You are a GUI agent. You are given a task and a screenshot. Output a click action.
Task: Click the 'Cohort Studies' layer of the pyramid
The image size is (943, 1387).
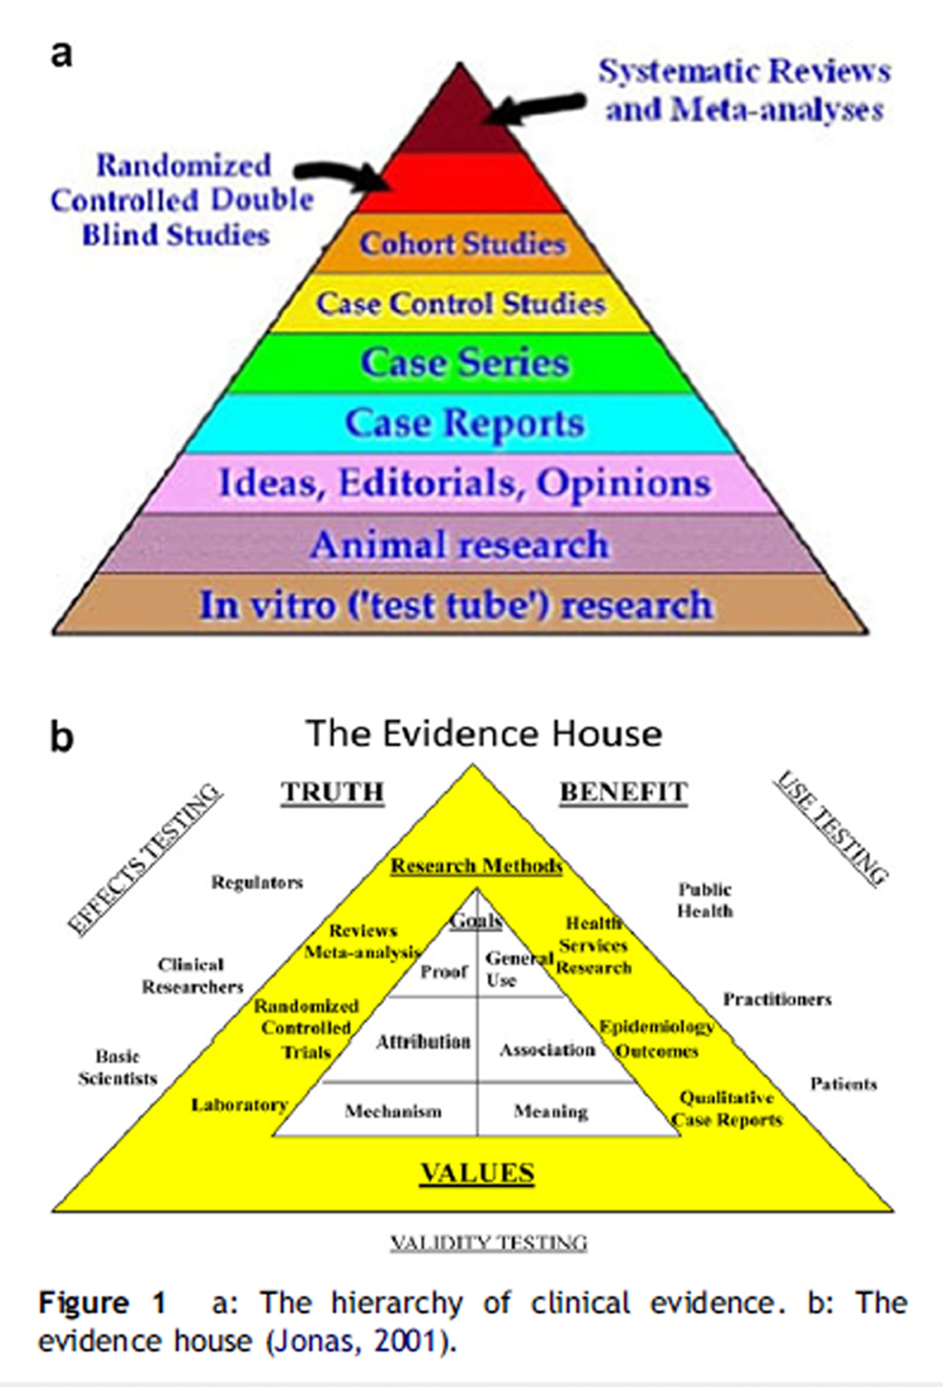pyautogui.click(x=462, y=243)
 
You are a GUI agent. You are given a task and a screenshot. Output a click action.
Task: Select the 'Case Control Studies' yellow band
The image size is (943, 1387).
pyautogui.click(x=460, y=304)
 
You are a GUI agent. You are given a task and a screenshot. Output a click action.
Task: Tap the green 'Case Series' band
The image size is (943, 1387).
pyautogui.click(x=464, y=363)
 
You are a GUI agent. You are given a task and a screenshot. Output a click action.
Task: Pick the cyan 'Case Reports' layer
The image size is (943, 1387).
pyautogui.click(x=464, y=423)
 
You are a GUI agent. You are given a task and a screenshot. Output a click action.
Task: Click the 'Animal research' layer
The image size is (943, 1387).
pyautogui.click(x=459, y=545)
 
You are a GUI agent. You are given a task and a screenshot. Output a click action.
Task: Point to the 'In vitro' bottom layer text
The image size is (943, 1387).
pyautogui.click(x=455, y=605)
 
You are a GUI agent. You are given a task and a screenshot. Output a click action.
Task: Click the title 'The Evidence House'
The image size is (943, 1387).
pyautogui.click(x=484, y=734)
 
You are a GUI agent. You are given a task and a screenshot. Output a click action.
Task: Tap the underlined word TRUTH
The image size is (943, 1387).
pyautogui.click(x=332, y=792)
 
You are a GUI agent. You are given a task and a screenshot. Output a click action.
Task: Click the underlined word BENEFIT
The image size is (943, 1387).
pyautogui.click(x=623, y=792)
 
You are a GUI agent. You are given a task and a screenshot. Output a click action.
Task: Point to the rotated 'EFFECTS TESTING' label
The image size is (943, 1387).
pyautogui.click(x=144, y=858)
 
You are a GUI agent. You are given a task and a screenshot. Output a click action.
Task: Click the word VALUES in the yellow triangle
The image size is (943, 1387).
pyautogui.click(x=477, y=1173)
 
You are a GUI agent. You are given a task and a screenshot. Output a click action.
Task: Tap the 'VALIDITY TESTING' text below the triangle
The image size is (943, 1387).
pyautogui.click(x=488, y=1243)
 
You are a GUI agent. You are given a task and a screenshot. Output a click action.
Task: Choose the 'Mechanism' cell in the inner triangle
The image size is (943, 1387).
pyautogui.click(x=392, y=1112)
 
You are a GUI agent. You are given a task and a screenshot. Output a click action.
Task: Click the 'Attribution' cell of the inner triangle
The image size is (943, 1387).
pyautogui.click(x=422, y=1042)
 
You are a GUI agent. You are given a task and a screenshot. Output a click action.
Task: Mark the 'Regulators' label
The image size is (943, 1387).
pyautogui.click(x=256, y=883)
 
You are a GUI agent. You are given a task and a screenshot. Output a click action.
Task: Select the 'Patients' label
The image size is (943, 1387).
pyautogui.click(x=843, y=1083)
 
